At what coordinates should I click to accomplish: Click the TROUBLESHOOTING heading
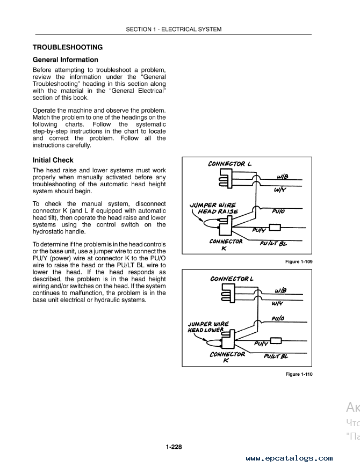click(x=68, y=47)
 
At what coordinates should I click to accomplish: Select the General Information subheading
click(x=65, y=60)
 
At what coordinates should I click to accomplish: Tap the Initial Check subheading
click(x=53, y=160)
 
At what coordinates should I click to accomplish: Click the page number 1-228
click(x=174, y=447)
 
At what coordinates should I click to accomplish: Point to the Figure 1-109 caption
click(x=299, y=261)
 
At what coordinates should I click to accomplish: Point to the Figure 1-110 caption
click(x=299, y=374)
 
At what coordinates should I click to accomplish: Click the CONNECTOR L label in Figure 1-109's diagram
click(x=230, y=164)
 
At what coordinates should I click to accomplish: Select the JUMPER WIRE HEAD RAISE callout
click(x=214, y=208)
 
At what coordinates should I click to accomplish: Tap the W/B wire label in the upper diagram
click(x=283, y=177)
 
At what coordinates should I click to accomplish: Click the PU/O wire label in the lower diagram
click(x=278, y=318)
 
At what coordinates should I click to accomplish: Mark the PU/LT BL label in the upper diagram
click(x=273, y=243)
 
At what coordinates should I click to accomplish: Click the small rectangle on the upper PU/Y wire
click(x=275, y=228)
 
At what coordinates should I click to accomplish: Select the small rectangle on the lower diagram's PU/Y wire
click(x=276, y=340)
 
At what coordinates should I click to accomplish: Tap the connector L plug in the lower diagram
click(x=228, y=293)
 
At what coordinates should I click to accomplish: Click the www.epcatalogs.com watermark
click(x=289, y=458)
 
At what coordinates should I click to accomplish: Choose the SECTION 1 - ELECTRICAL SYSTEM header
click(x=174, y=29)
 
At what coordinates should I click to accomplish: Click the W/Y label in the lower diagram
click(x=277, y=303)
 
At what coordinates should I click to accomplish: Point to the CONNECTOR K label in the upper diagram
click(x=226, y=244)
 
